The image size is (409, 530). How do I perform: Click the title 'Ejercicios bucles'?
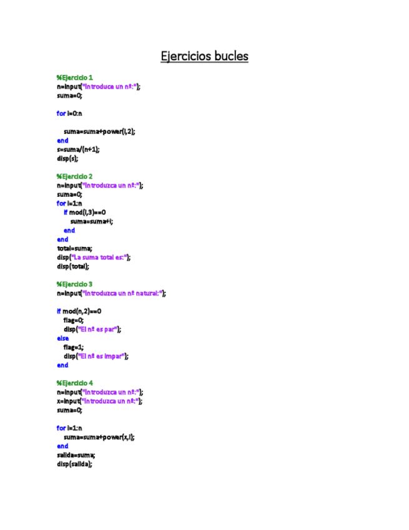click(204, 56)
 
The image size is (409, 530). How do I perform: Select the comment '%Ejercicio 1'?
click(74, 77)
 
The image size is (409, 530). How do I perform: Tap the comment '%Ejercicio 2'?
click(74, 176)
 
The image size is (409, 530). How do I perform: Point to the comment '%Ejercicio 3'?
click(74, 284)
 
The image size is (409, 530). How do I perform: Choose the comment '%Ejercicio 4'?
click(74, 382)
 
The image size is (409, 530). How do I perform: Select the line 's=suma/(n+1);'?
click(78, 149)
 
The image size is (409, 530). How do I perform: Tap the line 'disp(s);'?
click(67, 158)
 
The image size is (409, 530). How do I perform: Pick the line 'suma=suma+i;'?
click(92, 221)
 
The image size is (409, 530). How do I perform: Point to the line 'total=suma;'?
click(74, 248)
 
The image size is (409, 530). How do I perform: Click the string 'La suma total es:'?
click(100, 257)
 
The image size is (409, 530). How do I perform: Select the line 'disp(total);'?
click(73, 266)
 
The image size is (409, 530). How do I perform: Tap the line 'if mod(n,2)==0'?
click(79, 311)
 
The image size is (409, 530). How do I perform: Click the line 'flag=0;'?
click(73, 320)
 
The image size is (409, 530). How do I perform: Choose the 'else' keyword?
click(62, 338)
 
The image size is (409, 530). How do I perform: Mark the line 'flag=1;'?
click(73, 347)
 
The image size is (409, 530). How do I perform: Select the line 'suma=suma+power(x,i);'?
click(99, 437)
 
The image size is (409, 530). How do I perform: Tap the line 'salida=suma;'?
click(76, 455)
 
